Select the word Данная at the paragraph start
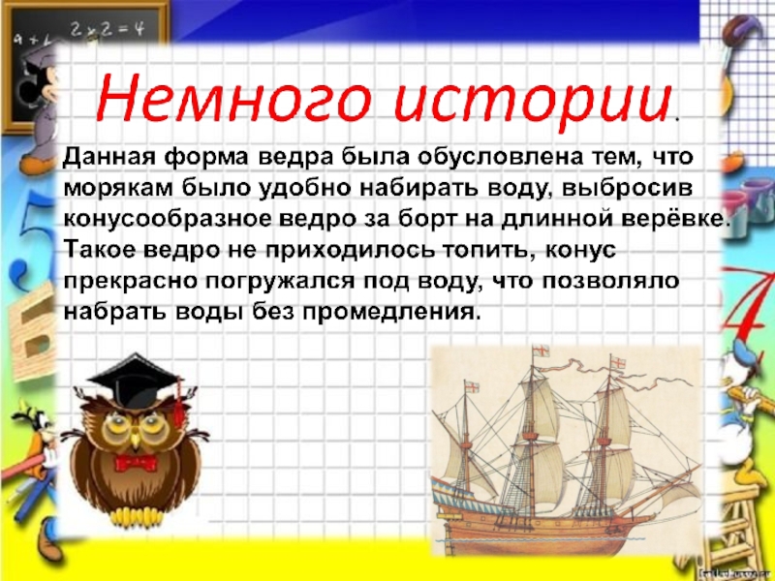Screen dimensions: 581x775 pos(107,156)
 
